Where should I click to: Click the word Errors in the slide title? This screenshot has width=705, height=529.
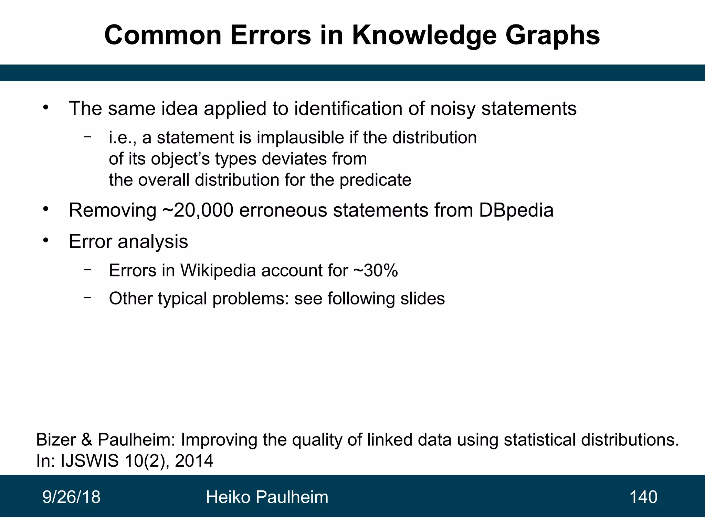(x=271, y=35)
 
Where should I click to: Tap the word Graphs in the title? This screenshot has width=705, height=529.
(x=553, y=36)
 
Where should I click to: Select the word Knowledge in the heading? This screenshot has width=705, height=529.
(x=424, y=36)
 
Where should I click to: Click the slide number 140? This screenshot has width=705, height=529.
(x=643, y=497)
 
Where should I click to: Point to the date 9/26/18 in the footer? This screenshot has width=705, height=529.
(x=71, y=497)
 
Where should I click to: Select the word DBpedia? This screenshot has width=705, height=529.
(x=516, y=210)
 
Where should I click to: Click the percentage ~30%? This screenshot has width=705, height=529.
(x=376, y=270)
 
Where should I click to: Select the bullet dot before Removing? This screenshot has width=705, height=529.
(x=46, y=209)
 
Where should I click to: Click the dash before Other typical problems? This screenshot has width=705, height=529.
(x=87, y=297)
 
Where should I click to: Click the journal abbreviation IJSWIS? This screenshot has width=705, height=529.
(x=90, y=461)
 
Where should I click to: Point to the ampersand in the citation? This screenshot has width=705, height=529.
(x=87, y=440)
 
